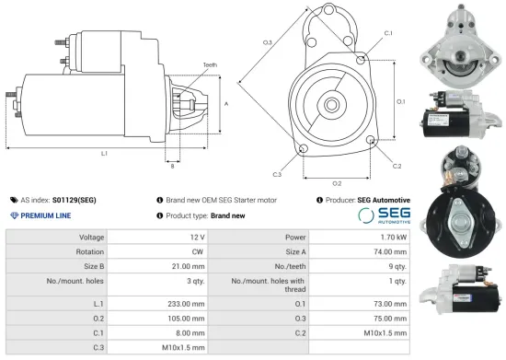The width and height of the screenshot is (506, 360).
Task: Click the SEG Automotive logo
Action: click(x=383, y=215)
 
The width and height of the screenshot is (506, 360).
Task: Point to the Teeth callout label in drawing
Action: click(x=210, y=65)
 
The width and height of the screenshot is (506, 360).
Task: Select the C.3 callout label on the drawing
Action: click(x=277, y=173)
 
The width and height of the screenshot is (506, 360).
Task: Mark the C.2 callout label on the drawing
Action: click(x=397, y=167)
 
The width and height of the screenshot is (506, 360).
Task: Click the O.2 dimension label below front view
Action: click(x=337, y=183)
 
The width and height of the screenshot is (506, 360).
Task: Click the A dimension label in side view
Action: click(x=226, y=104)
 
